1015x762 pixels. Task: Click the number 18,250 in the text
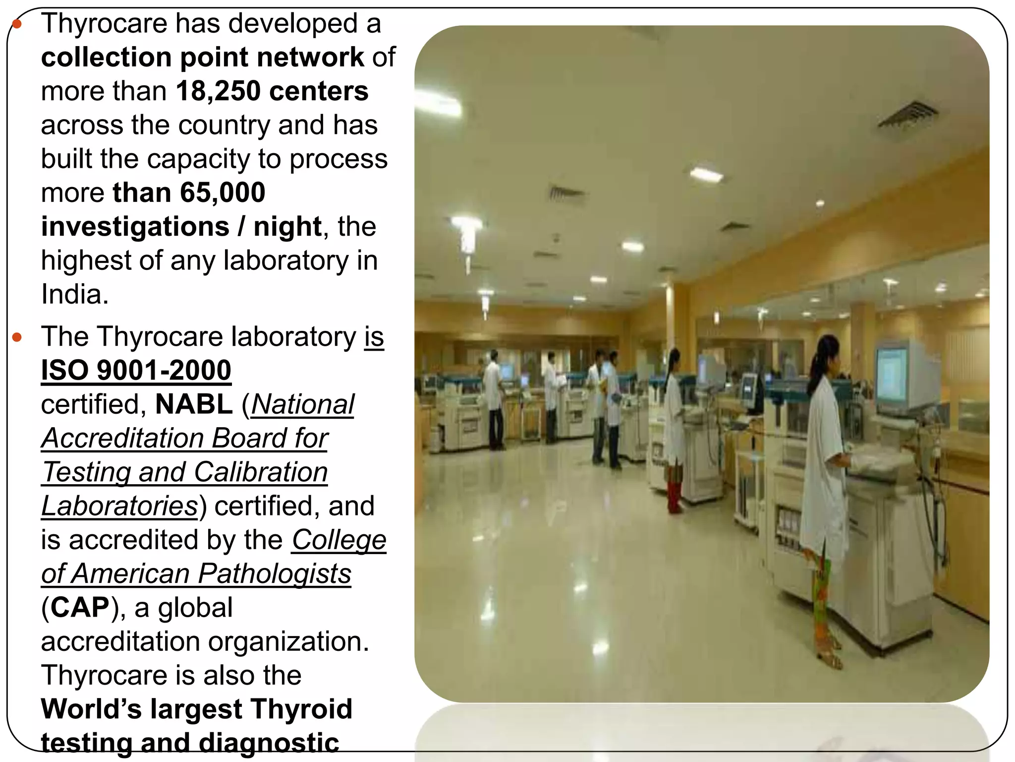click(x=218, y=91)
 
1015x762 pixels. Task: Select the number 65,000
click(x=223, y=192)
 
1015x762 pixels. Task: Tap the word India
click(x=74, y=294)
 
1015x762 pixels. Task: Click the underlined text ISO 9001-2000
click(x=136, y=371)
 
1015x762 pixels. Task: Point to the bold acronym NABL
click(x=194, y=404)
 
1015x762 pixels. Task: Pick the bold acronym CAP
click(x=80, y=608)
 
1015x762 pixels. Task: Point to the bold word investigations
click(x=135, y=227)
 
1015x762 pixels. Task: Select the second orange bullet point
click(x=17, y=338)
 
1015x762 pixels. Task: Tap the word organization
click(x=288, y=641)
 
